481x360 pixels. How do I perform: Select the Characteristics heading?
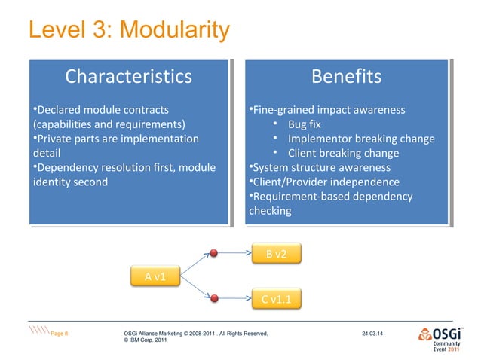tap(128, 78)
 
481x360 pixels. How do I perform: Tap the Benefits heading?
tap(347, 78)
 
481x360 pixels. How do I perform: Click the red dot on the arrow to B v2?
tap(215, 253)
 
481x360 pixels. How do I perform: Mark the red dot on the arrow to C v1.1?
tap(215, 300)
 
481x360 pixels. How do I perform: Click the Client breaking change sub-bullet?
tap(342, 153)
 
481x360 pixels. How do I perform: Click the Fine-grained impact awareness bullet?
tap(328, 110)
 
